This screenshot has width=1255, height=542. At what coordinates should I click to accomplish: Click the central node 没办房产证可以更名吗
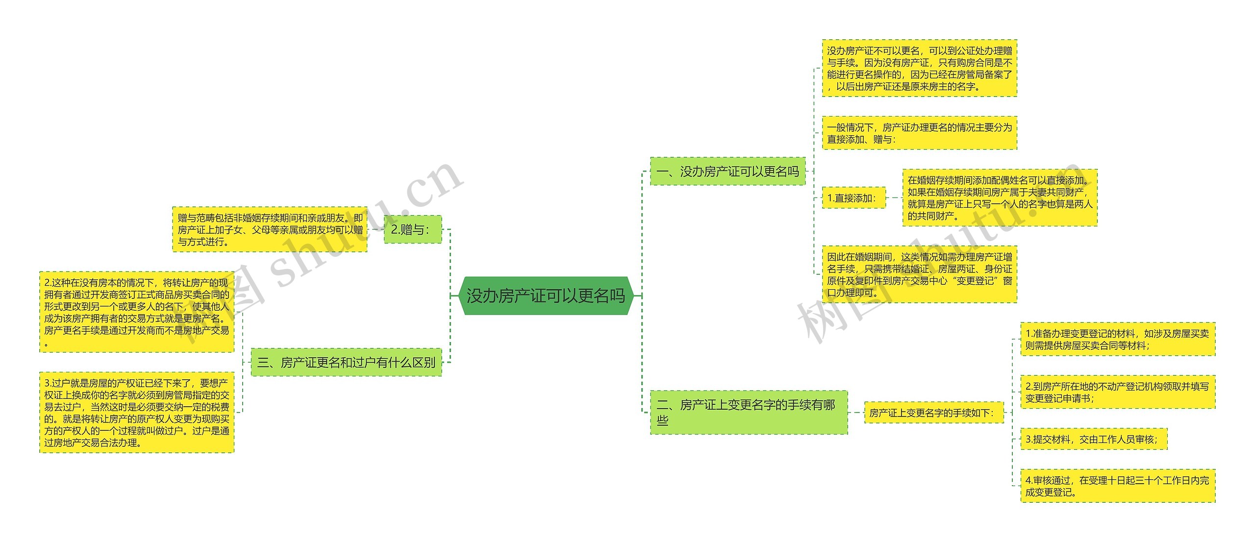[x=546, y=296]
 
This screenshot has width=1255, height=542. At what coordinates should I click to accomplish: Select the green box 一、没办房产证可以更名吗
[x=728, y=172]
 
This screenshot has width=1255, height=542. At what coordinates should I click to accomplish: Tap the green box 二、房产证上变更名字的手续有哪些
[x=749, y=412]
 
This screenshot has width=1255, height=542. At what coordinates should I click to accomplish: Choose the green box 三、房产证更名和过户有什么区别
[x=346, y=362]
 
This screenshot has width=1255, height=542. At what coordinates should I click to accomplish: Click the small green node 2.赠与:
[x=412, y=229]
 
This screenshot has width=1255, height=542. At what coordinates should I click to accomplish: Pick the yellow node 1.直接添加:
[x=853, y=198]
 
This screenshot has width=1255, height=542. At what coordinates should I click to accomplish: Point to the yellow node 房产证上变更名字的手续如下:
[x=933, y=413]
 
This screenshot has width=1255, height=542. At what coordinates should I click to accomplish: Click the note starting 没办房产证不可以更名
[x=919, y=68]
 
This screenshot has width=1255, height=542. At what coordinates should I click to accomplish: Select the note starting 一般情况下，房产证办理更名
[x=919, y=133]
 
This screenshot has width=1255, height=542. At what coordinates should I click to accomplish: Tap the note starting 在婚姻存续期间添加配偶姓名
[x=1000, y=197]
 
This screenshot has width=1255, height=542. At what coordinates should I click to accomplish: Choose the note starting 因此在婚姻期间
[x=919, y=274]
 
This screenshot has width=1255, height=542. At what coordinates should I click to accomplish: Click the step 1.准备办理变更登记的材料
[x=1117, y=339]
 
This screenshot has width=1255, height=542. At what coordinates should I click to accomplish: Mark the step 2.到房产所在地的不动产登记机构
[x=1117, y=392]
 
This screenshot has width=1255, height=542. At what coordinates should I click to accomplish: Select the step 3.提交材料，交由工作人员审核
[x=1093, y=439]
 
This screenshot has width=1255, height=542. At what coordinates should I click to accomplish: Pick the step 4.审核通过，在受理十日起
[x=1117, y=486]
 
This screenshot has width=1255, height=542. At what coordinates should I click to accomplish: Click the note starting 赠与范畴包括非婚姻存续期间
[x=270, y=229]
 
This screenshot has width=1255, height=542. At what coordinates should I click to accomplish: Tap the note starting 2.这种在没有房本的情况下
[x=136, y=312]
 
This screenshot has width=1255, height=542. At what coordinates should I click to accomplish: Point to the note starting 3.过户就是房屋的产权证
[x=136, y=413]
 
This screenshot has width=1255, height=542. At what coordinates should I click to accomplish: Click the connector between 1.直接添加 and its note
[x=894, y=198]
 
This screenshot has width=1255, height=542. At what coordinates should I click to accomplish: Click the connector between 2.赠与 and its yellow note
[x=376, y=229]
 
